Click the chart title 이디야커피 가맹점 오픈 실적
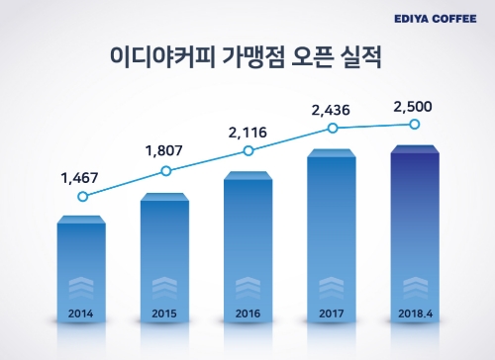pos(247,56)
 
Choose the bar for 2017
pos(332,232)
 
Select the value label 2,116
pos(247,131)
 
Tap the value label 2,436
pos(332,107)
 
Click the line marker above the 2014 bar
pos(82,196)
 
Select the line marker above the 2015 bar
pos(165,171)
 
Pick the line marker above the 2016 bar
pos(248,150)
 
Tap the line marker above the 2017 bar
pos(333,128)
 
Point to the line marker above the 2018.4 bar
pos(416,124)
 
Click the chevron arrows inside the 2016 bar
pos(247,288)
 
